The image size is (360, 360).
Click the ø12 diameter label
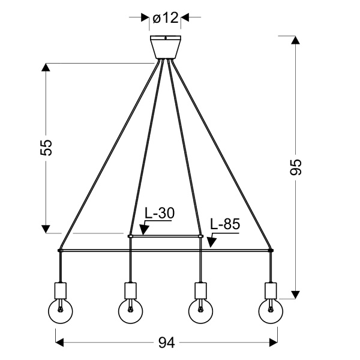(x=166, y=19)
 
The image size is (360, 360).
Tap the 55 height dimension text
(x=47, y=148)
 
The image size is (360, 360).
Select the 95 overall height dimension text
(x=296, y=167)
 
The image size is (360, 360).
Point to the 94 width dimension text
(x=166, y=343)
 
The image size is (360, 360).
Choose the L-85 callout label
(x=225, y=225)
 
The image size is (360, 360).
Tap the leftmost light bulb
(x=60, y=311)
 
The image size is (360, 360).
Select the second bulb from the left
(x=130, y=311)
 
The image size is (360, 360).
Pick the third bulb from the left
(x=200, y=311)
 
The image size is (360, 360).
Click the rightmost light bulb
(x=271, y=311)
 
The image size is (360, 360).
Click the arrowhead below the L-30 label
(x=143, y=230)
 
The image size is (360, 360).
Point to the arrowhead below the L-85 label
(x=211, y=242)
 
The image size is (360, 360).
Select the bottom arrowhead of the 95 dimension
(x=295, y=293)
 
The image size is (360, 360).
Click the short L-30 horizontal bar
(x=165, y=236)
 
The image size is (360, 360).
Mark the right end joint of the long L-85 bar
(x=271, y=250)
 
